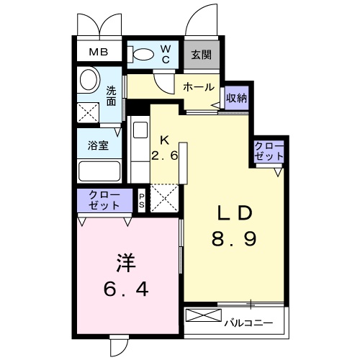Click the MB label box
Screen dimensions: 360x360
tap(99, 53)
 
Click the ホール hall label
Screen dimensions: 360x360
tap(198, 87)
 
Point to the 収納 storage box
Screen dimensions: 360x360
tap(236, 99)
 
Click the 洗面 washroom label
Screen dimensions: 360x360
tap(112, 96)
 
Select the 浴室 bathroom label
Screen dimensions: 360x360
tap(99, 145)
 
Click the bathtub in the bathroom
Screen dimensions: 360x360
tap(99, 172)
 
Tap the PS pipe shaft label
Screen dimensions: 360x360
tap(143, 200)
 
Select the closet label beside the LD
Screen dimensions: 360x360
tap(269, 151)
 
